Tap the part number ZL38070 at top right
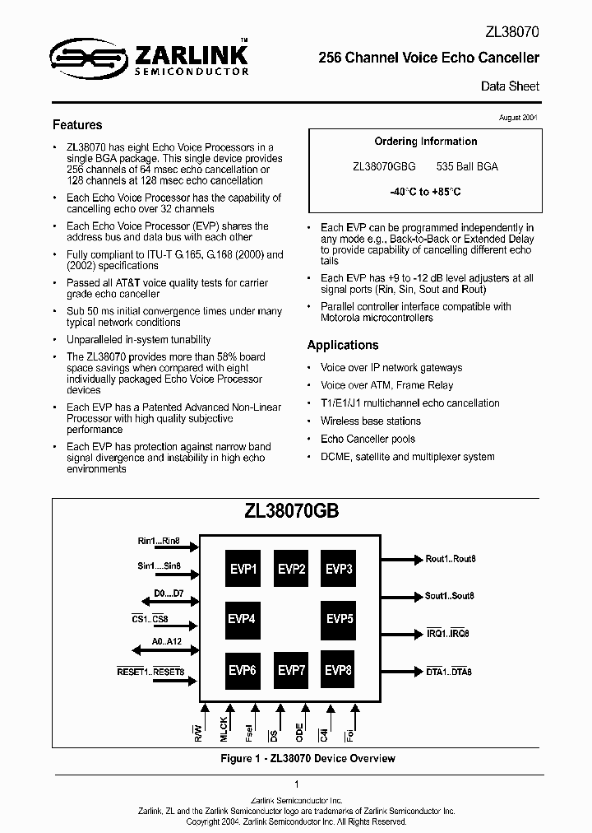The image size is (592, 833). (511, 32)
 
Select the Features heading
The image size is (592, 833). (77, 125)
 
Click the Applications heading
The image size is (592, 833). (343, 345)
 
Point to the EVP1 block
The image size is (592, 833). (243, 569)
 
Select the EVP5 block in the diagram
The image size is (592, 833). (339, 619)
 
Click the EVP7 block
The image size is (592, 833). (291, 670)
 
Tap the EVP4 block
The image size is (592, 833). (243, 619)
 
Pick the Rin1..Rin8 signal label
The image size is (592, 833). (158, 542)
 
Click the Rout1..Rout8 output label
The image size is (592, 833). (451, 559)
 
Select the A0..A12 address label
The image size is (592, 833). (168, 643)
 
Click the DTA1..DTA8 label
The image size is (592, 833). (449, 672)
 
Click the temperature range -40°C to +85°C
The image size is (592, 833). (425, 192)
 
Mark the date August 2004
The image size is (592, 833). (519, 118)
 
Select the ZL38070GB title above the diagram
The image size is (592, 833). (292, 510)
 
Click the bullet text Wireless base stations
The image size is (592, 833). (370, 421)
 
